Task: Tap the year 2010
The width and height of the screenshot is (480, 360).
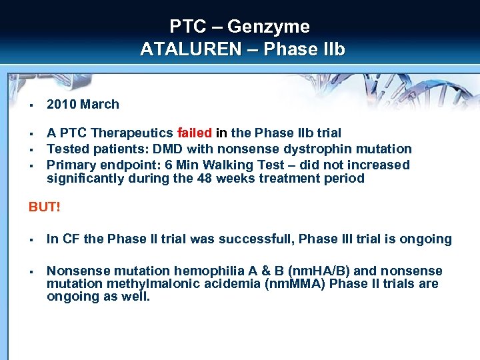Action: pyautogui.click(x=62, y=105)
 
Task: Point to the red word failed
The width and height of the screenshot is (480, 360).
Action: pyautogui.click(x=195, y=133)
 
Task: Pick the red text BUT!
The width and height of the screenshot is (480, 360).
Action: pyautogui.click(x=44, y=207)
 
